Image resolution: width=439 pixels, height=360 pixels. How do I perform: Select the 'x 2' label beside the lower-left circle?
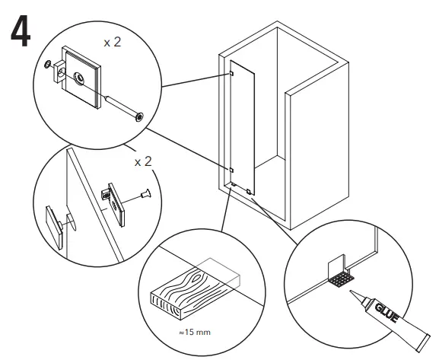point(143,163)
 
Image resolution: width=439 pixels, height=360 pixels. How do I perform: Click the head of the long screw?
point(138,116)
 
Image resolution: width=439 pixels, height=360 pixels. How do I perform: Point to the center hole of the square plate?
point(80,76)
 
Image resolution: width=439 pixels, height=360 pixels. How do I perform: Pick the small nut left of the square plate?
point(50,66)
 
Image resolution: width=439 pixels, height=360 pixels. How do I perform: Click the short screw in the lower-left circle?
point(142,197)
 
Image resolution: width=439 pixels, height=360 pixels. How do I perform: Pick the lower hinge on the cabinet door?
point(231,169)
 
